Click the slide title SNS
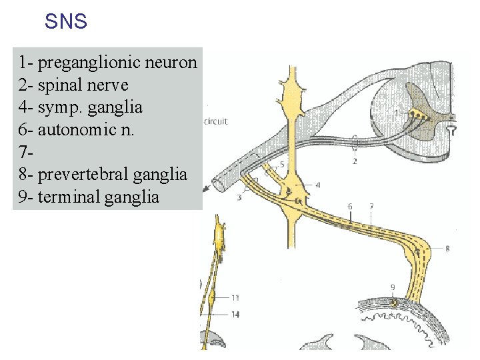[66, 22]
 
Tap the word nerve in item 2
[109, 85]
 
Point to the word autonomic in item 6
[73, 130]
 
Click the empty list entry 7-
[25, 153]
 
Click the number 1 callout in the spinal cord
[397, 113]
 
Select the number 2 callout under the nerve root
[355, 161]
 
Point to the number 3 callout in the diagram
[239, 198]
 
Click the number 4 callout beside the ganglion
[317, 185]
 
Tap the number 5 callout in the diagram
[282, 164]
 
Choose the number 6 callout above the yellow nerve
[350, 207]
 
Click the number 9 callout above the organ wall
[393, 287]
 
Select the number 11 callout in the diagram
[235, 297]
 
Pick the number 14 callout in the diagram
[235, 314]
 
